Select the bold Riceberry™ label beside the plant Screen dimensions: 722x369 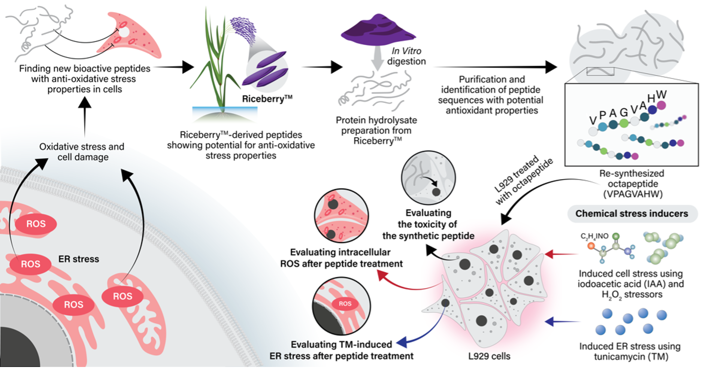[x=267, y=99]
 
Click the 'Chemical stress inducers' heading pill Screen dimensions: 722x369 [x=632, y=213]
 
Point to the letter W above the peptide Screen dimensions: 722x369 [x=661, y=95]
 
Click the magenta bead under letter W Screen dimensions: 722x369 [x=662, y=105]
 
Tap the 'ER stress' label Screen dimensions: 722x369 [x=79, y=259]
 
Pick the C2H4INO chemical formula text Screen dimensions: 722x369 [x=595, y=236]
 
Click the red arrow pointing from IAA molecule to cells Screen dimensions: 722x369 [x=561, y=254]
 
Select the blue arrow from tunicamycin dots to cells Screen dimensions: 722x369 [x=562, y=321]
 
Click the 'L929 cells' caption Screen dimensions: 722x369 [x=489, y=356]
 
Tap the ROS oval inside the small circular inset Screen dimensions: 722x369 [x=345, y=303]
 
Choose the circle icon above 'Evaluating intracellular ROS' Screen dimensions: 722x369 [x=341, y=216]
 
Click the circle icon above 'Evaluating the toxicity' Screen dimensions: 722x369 [x=428, y=178]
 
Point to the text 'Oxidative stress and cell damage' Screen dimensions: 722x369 [x=82, y=152]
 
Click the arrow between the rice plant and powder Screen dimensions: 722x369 [x=322, y=67]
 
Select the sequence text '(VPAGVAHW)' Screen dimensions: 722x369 [x=633, y=194]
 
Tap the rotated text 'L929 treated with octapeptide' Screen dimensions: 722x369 [x=523, y=180]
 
